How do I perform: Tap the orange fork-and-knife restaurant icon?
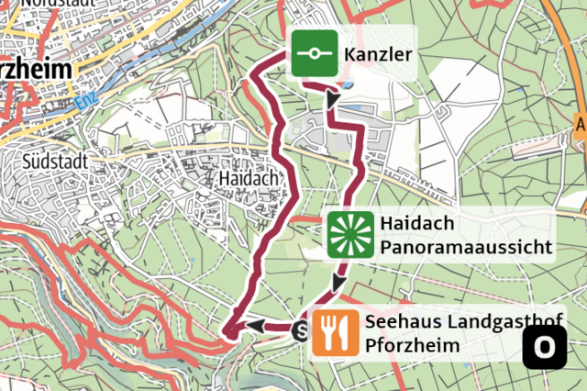click(335, 332)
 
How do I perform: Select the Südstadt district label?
click(56, 160)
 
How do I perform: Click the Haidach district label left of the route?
click(249, 177)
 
